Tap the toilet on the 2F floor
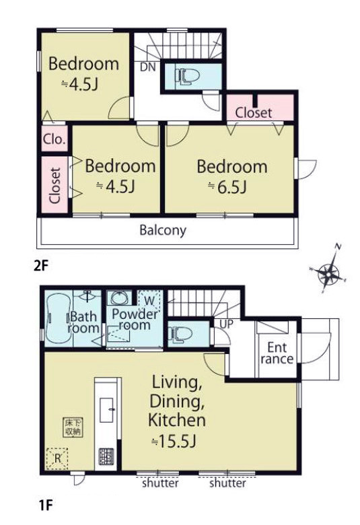(x=187, y=76)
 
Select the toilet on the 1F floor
(x=180, y=334)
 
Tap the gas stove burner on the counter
(x=106, y=457)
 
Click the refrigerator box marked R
(x=57, y=458)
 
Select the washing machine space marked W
(x=149, y=300)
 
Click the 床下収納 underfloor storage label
(x=73, y=427)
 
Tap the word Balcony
(x=163, y=231)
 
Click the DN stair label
(x=147, y=67)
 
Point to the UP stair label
(x=226, y=324)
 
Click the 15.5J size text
(x=173, y=441)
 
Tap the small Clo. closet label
(x=55, y=139)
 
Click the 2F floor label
(x=42, y=266)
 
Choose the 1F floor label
(x=44, y=505)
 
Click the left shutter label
(x=160, y=483)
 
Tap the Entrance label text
(x=277, y=353)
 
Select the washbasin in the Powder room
(x=118, y=297)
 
